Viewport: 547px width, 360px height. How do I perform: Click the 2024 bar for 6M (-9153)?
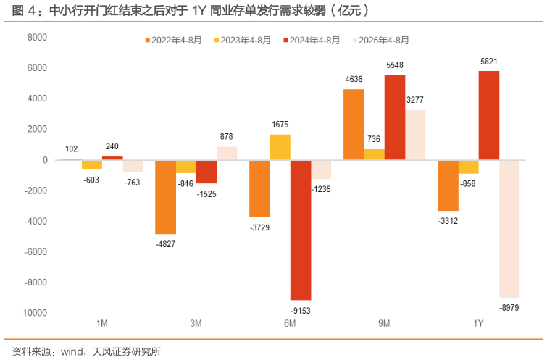pos(301,230)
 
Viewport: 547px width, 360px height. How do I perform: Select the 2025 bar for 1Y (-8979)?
pos(509,228)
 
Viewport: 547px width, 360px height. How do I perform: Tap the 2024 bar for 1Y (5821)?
pos(489,115)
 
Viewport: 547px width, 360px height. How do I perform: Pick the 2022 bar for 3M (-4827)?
pos(166,197)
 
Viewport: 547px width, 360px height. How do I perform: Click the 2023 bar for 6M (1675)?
pos(280,147)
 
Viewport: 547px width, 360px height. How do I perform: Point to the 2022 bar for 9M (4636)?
pos(354,124)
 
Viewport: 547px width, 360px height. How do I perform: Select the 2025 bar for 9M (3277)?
pos(415,135)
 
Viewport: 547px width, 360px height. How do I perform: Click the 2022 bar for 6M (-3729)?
pos(259,188)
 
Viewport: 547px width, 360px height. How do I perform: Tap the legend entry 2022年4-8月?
pos(175,40)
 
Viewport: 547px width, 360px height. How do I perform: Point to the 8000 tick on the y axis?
pos(37,37)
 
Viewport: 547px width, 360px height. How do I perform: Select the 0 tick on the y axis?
pos(45,160)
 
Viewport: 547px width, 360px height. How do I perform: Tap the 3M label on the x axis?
pos(196,323)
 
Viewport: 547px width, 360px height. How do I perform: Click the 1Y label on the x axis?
pos(479,323)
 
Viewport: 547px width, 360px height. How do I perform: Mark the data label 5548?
pos(395,65)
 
